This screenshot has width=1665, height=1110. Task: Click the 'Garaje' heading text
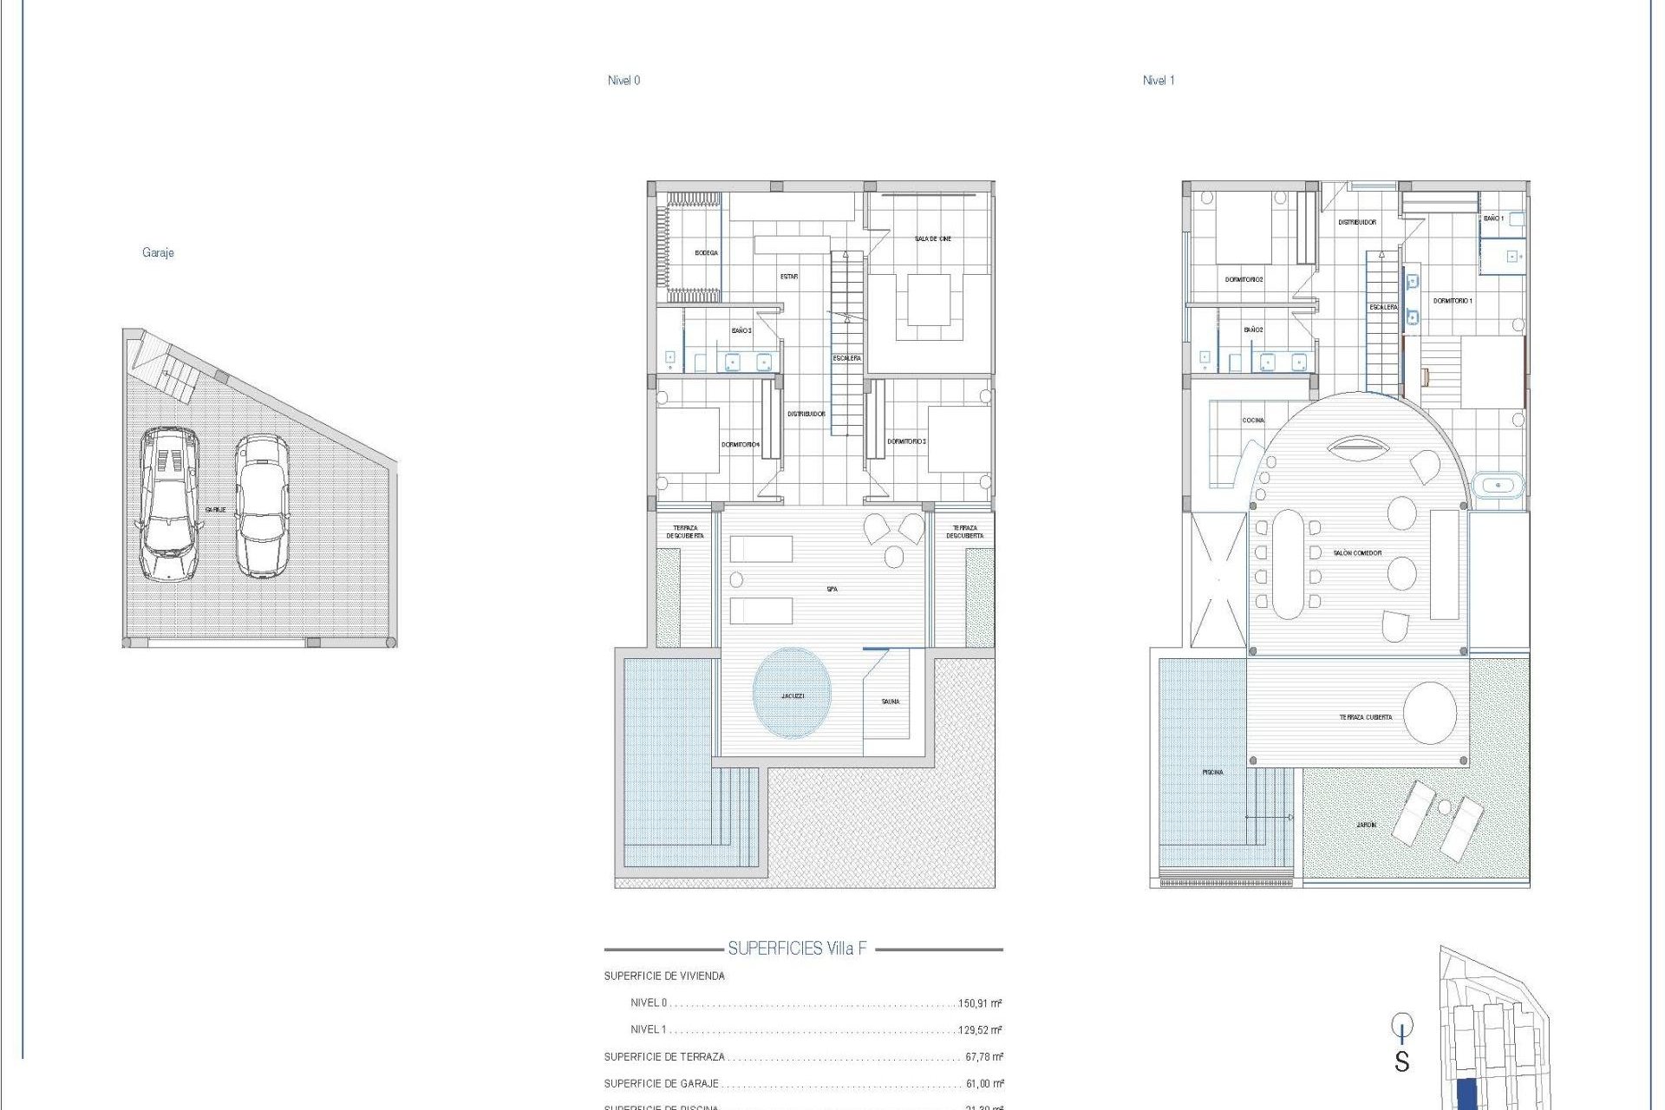[158, 252]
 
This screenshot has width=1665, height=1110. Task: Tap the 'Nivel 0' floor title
[624, 81]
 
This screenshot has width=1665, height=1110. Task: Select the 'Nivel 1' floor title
[1159, 81]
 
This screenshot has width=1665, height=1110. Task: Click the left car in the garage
[169, 504]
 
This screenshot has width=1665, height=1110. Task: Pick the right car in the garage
[261, 506]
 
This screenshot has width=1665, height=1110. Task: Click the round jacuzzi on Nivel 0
[792, 694]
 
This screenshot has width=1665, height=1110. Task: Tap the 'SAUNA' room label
[891, 702]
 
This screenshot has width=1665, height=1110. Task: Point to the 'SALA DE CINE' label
[932, 238]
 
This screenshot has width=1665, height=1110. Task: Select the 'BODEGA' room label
[706, 253]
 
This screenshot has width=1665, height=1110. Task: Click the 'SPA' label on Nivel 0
[832, 590]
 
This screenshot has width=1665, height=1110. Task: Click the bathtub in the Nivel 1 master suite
[1498, 485]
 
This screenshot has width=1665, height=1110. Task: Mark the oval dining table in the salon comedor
[1287, 564]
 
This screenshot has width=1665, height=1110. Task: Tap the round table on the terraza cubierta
[1430, 713]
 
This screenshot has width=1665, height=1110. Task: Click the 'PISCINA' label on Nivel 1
[1212, 772]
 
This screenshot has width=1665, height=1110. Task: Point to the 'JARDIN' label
[1366, 825]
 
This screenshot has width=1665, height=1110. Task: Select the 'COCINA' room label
[1253, 421]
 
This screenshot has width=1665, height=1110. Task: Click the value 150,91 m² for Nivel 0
[979, 1003]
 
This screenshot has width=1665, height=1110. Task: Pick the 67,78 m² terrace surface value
[983, 1057]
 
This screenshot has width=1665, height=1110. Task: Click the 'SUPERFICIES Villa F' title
[797, 949]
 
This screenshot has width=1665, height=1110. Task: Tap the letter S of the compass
[1402, 1061]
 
